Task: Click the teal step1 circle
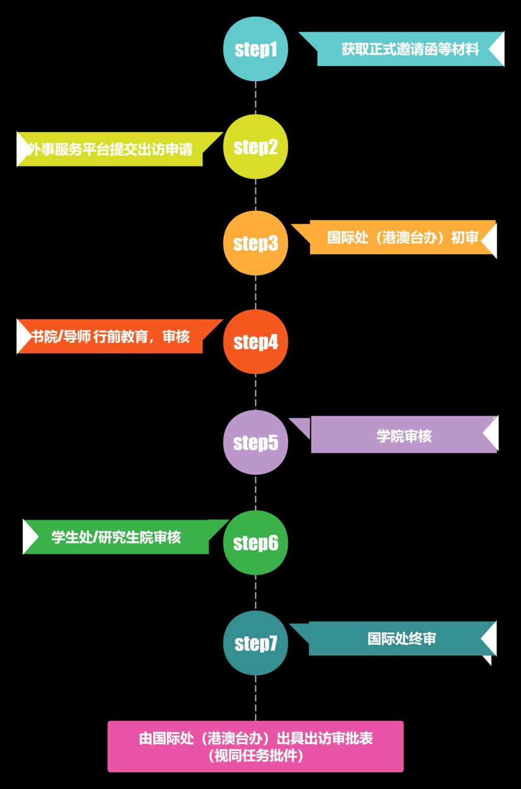[255, 49]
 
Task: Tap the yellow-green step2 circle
[255, 147]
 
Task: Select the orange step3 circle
[255, 244]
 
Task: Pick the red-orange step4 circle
[255, 342]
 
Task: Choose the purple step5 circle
[255, 442]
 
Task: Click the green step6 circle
[255, 543]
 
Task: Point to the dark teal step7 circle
[255, 643]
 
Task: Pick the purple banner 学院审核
[403, 436]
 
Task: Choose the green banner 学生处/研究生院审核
[116, 537]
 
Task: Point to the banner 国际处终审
[401, 639]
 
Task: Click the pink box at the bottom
[255, 746]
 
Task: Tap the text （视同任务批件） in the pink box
[255, 756]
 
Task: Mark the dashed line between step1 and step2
[255, 98]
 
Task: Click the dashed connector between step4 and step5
[255, 392]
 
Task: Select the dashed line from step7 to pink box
[255, 697]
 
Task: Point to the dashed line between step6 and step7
[255, 593]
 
